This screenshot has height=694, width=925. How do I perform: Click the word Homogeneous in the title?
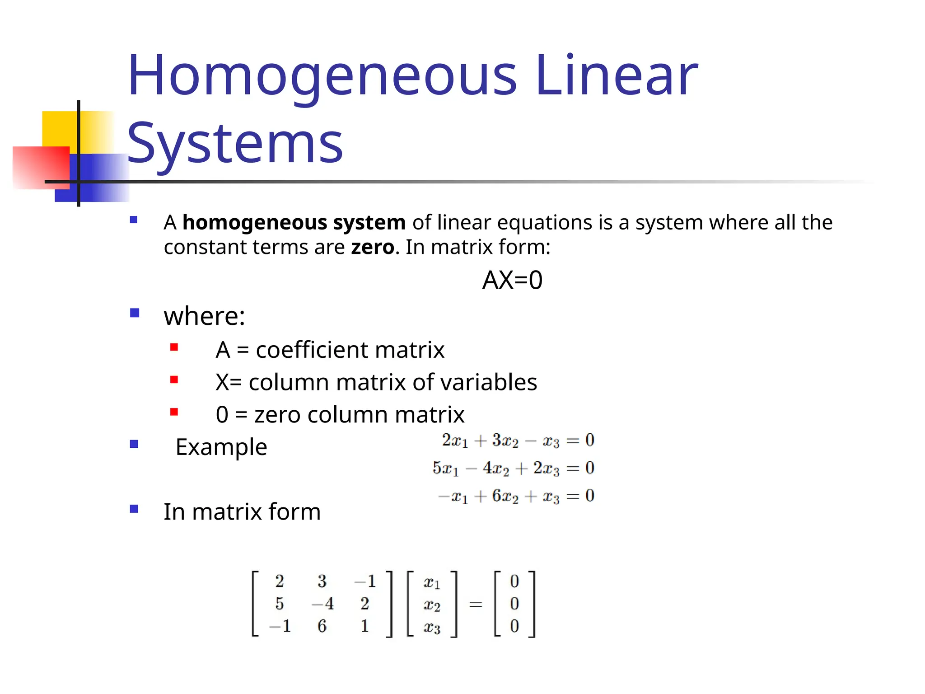(x=322, y=76)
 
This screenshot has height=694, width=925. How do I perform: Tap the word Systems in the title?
(x=235, y=144)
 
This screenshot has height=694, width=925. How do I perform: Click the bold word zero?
(x=373, y=247)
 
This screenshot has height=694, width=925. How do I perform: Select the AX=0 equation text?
(x=512, y=280)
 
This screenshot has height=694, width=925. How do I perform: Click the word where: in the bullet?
(x=204, y=316)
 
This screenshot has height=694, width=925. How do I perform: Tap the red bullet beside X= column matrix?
(x=174, y=380)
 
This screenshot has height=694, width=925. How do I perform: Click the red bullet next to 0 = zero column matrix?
(x=174, y=412)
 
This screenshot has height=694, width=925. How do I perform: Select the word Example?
(x=221, y=447)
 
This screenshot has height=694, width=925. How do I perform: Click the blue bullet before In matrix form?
(x=134, y=509)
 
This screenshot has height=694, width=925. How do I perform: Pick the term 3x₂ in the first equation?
(x=505, y=441)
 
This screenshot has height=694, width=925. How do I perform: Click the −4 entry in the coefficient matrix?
(x=323, y=604)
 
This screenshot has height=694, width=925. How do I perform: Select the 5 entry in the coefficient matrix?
(x=280, y=604)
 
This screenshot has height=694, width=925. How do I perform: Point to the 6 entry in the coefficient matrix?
(x=322, y=626)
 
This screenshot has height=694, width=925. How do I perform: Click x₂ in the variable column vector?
(x=432, y=605)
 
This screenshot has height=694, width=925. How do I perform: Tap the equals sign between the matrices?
(x=476, y=605)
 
